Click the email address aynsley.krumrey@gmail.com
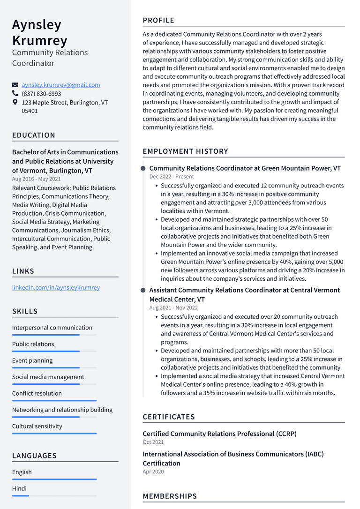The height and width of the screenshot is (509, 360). [60, 85]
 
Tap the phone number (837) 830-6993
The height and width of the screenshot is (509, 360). [41, 94]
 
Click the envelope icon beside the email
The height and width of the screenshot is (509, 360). [15, 85]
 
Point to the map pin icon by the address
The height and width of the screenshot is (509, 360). [15, 102]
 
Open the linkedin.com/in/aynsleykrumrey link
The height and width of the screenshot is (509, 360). [56, 287]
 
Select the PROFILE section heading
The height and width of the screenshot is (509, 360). [158, 20]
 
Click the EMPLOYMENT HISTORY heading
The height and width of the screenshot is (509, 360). [185, 151]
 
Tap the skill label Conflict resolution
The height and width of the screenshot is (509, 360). [37, 393]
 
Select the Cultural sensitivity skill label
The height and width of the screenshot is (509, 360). [37, 426]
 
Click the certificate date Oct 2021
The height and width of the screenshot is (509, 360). [153, 442]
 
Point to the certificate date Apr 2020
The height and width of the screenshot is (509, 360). [153, 472]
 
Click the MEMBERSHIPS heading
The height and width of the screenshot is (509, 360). [170, 496]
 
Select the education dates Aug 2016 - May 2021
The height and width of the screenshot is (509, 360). [37, 179]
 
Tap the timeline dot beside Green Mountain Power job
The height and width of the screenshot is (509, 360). [143, 168]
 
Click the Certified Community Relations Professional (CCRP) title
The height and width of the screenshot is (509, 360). [219, 434]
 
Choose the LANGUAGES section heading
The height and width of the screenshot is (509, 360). [34, 456]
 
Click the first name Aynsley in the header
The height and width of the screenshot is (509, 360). [37, 24]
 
